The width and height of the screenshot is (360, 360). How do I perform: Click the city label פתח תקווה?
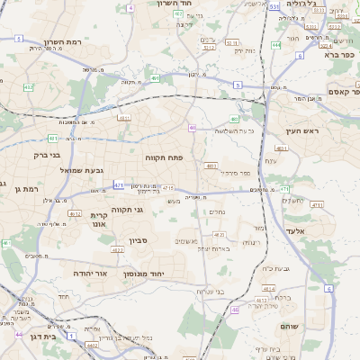165,157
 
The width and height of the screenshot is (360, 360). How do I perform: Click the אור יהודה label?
88,271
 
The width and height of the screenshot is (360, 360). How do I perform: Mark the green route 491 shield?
53,139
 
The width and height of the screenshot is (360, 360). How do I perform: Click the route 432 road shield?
29,87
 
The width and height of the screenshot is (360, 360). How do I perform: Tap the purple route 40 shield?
193,128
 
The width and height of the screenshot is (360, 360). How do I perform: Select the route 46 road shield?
235,310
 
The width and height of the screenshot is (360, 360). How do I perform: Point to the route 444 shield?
276,44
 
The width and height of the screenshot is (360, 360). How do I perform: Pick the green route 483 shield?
234,119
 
